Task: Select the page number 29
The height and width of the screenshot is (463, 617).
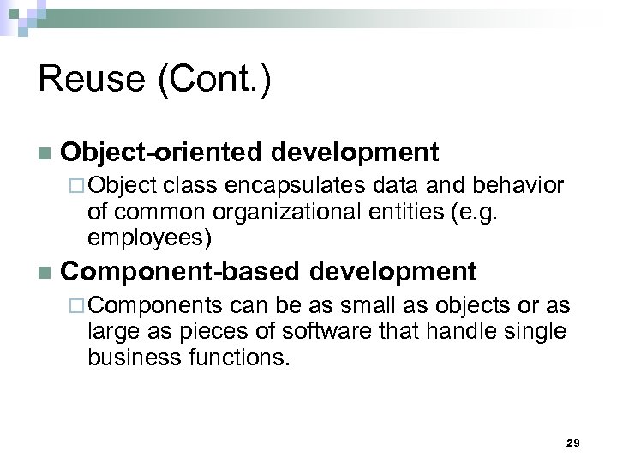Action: point(573,442)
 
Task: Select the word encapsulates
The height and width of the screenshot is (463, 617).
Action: point(274,185)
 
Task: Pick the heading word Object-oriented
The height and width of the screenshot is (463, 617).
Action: point(158,153)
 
